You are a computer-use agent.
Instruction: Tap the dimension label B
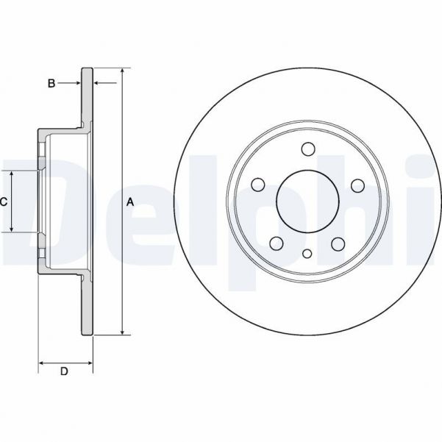(51, 84)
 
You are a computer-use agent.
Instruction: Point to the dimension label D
(64, 371)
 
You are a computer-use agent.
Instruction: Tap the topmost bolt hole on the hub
(307, 149)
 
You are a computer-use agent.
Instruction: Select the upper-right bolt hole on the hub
(357, 185)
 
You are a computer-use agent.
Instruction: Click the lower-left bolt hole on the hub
(277, 243)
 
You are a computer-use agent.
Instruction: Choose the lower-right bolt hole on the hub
(338, 243)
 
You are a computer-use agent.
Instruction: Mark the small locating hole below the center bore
(307, 256)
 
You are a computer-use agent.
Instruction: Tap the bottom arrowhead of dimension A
(122, 332)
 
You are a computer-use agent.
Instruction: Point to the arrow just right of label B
(76, 84)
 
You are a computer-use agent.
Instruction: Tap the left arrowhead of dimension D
(41, 363)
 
